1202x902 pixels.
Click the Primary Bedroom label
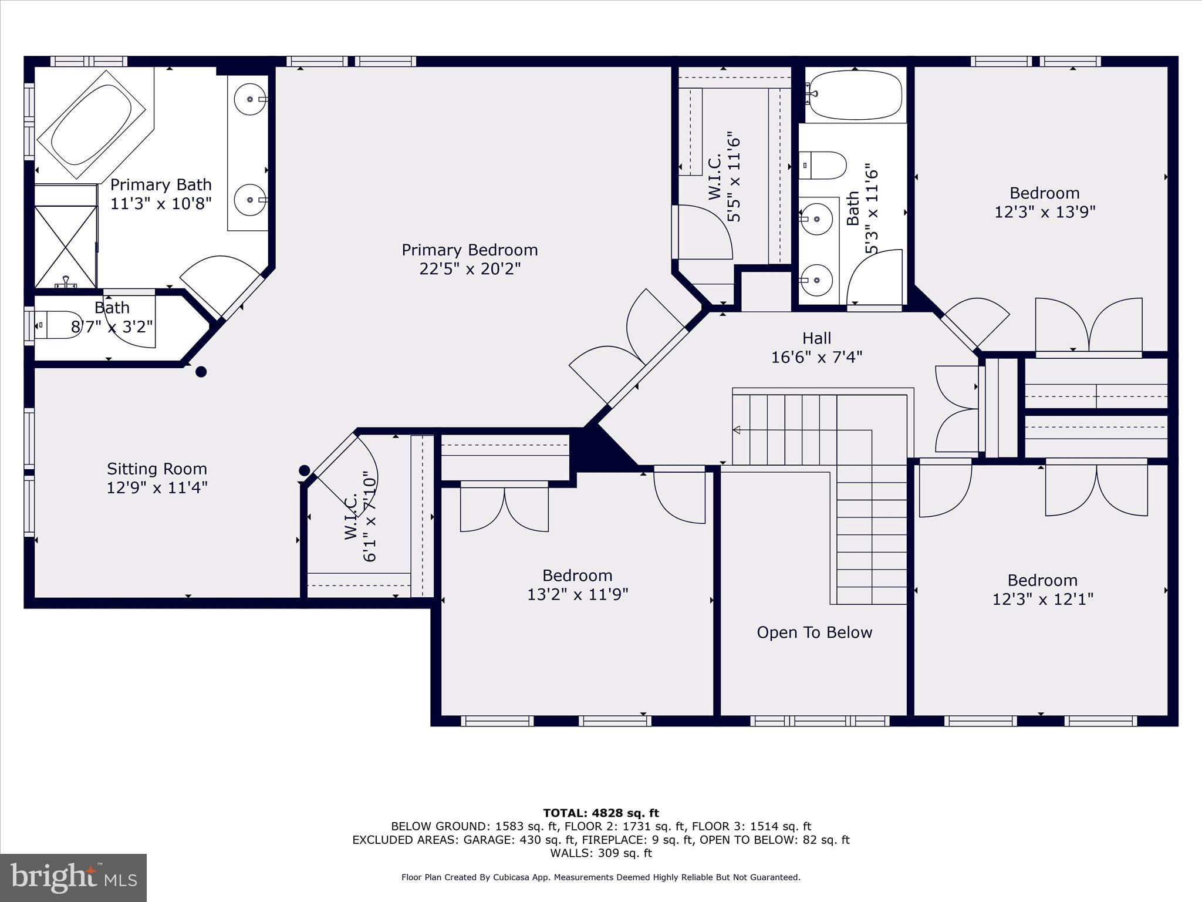pos(470,250)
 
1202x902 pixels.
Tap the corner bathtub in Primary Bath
pos(92,124)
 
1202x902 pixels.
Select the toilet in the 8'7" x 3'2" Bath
pos(57,325)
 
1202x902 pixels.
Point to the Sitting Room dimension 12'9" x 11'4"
pos(157,488)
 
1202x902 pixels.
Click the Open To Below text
pos(814,632)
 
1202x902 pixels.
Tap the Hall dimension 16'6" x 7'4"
pos(816,357)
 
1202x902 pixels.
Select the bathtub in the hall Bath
pos(854,94)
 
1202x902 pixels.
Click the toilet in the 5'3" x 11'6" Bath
pos(823,165)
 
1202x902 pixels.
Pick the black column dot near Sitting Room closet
pos(304,470)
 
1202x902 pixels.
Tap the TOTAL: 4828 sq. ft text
pos(601,813)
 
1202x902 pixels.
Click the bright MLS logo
pos(73,877)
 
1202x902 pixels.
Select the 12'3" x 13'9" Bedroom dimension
pos(1045,212)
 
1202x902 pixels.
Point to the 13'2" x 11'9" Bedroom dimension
pos(578,595)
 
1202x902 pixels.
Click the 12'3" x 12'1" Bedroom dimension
pos(1042,600)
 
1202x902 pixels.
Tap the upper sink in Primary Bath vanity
pos(251,99)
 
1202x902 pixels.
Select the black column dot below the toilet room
pos(201,372)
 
